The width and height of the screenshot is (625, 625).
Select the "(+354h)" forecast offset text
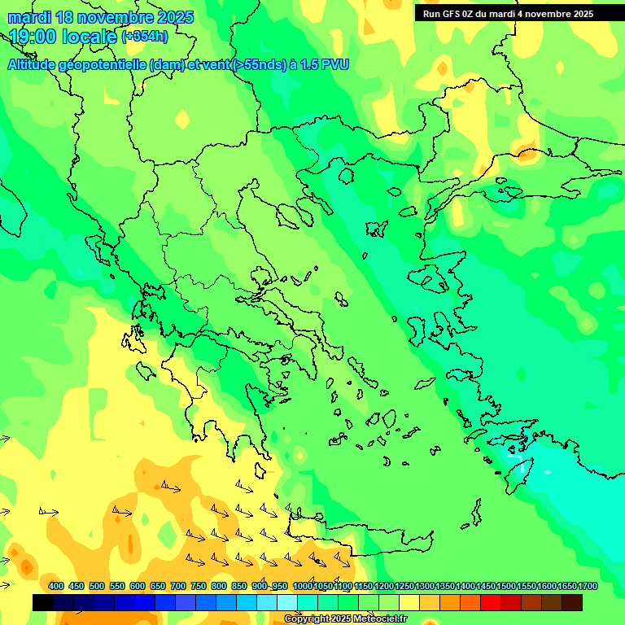145,36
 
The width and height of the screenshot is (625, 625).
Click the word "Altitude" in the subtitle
37,65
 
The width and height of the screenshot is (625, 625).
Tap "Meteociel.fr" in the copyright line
377,619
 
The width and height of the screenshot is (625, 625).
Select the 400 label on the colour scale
56,586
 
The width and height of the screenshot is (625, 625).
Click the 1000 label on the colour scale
302,586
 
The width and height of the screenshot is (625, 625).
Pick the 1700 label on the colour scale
588,586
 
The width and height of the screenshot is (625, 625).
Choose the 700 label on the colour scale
178,586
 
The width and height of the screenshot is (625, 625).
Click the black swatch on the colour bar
43,602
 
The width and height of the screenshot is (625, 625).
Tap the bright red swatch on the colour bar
491,602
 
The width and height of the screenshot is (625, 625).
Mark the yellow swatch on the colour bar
409,602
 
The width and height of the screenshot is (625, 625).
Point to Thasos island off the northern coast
347,176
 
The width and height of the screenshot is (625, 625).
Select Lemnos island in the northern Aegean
375,229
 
